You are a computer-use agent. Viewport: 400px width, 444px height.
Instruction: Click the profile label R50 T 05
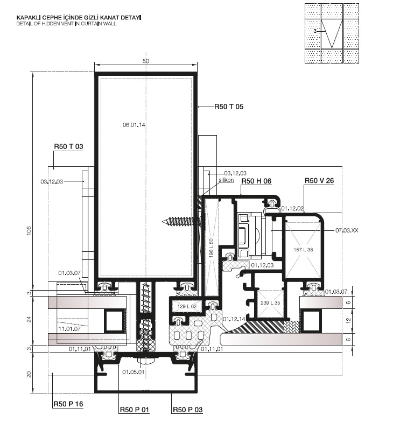click(229, 107)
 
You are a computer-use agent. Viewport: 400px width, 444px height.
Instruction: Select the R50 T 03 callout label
click(68, 146)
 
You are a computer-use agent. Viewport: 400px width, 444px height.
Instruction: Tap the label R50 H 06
click(256, 181)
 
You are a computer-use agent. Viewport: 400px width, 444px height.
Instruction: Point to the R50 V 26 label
click(319, 181)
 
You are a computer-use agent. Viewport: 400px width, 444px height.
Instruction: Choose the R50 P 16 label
click(68, 404)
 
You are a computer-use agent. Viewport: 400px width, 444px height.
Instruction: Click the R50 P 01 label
click(134, 410)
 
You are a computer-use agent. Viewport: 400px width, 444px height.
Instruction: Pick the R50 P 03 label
click(187, 410)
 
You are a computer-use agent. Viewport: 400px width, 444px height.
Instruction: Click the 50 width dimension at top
click(145, 61)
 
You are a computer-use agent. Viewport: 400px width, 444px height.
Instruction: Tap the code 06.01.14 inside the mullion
click(134, 125)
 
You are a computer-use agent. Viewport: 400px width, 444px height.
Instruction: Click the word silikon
click(226, 180)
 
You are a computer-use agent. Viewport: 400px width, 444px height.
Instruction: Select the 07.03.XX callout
click(347, 230)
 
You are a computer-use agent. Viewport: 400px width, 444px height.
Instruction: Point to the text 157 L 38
click(303, 250)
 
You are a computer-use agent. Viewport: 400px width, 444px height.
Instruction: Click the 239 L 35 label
click(270, 302)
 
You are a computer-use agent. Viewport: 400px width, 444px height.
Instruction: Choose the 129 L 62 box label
click(187, 306)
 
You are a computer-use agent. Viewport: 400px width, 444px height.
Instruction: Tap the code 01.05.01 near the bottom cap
click(134, 372)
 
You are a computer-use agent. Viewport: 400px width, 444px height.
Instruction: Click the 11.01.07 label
click(69, 329)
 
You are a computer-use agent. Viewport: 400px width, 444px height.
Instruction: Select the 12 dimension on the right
click(348, 320)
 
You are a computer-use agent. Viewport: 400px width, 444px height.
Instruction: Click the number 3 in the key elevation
click(315, 31)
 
